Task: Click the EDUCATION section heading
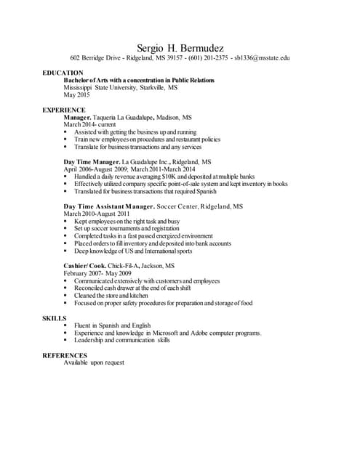click(x=63, y=73)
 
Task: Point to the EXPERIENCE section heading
click(x=64, y=110)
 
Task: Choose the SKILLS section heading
click(x=55, y=318)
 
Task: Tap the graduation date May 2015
click(x=77, y=95)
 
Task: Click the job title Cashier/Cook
click(x=84, y=266)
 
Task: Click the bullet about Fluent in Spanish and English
click(x=112, y=325)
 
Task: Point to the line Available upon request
click(x=94, y=363)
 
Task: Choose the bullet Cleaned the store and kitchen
click(x=111, y=296)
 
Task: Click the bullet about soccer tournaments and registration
click(x=126, y=228)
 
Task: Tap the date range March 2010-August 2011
click(x=97, y=214)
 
